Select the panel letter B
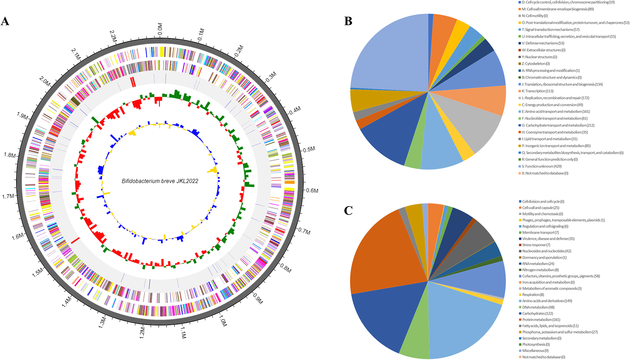coord(348,21)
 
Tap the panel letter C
coord(348,211)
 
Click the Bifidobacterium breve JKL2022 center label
coord(160,181)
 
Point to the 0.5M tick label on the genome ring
coord(309,149)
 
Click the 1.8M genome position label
coord(10,155)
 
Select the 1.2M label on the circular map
coord(142,333)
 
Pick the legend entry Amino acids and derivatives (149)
coord(547,301)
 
